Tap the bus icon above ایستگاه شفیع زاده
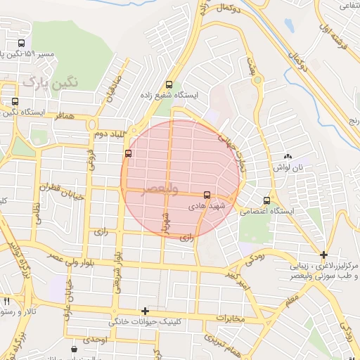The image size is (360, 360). tap(167, 84)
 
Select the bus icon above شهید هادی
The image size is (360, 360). tap(207, 195)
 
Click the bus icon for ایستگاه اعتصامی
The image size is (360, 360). tap(266, 200)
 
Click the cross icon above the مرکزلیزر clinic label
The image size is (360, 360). tap(323, 255)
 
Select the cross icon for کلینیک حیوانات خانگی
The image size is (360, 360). tap(145, 311)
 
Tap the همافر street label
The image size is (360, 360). tap(59, 113)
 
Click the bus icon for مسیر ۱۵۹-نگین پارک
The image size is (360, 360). tap(20, 43)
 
